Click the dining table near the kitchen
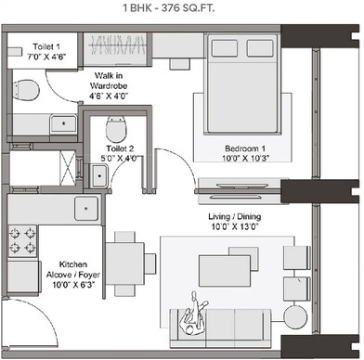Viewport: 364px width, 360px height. tap(123, 255)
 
